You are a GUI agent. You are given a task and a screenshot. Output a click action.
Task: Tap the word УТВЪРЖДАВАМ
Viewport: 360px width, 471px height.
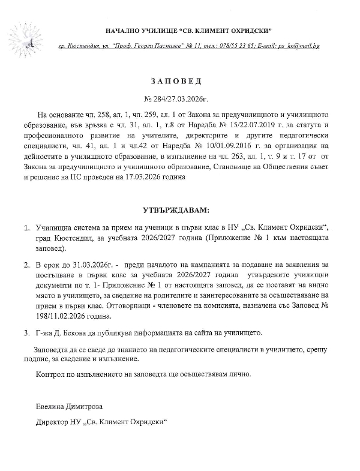coord(178,211)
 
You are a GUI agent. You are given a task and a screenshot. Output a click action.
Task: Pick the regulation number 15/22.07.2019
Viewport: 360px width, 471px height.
coord(245,124)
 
